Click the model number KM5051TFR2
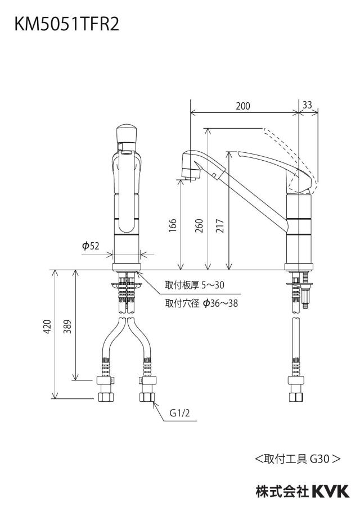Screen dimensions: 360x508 tap(66, 24)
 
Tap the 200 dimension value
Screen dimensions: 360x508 tap(243, 106)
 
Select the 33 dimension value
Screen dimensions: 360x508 tap(307, 105)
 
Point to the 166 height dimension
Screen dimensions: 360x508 tap(173, 225)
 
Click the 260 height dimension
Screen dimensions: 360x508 tap(199, 225)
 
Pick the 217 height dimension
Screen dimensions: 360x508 tap(220, 225)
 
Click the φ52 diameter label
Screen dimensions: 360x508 tap(91, 246)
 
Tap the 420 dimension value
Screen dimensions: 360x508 tap(48, 326)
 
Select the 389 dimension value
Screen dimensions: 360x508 tap(67, 326)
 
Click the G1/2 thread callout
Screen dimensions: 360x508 tap(179, 413)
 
